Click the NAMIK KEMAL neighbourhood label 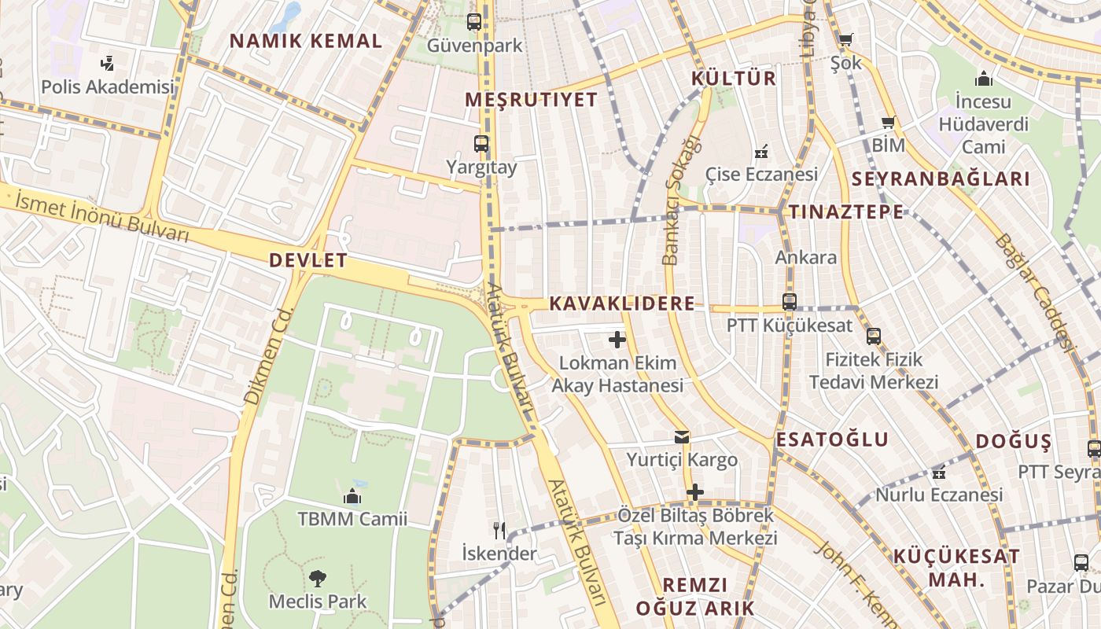306,41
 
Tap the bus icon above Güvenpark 473,22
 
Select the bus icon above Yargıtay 481,144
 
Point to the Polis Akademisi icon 108,64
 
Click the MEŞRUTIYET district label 532,100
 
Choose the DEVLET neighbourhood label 308,261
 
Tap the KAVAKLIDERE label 622,303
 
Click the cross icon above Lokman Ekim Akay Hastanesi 617,340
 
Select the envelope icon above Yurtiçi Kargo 681,437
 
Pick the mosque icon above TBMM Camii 352,496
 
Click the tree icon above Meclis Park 317,579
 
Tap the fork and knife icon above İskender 499,530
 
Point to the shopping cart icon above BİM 889,123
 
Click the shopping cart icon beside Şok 845,39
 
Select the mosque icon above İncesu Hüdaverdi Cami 983,79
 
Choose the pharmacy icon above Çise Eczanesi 760,151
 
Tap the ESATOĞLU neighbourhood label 832,440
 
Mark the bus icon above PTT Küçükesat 789,301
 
